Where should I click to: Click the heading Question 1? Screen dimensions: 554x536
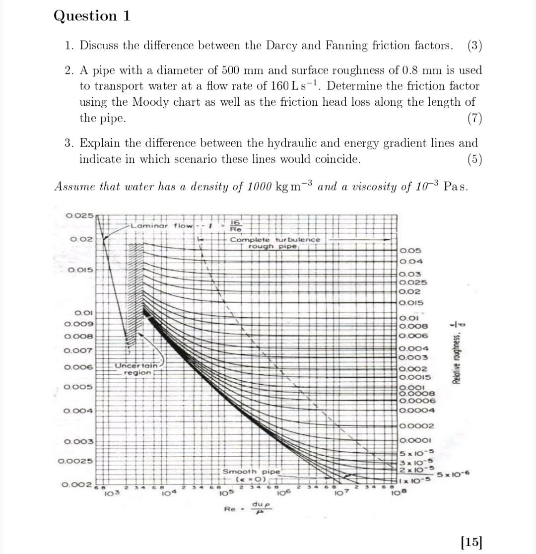(x=92, y=16)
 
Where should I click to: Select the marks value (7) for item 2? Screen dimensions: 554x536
(x=473, y=119)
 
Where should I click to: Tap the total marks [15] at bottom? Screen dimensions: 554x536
(x=471, y=541)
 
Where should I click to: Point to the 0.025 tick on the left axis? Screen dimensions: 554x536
(x=79, y=215)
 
